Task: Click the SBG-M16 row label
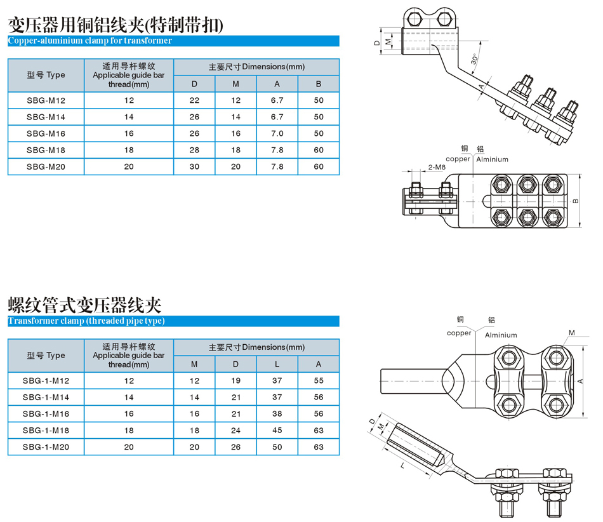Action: pyautogui.click(x=46, y=134)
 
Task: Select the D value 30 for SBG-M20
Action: pyautogui.click(x=194, y=167)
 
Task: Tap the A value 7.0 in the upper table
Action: pyautogui.click(x=277, y=134)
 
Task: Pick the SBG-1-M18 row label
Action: pyautogui.click(x=46, y=431)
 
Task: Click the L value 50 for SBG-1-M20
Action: pyautogui.click(x=277, y=447)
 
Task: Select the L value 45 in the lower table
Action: pyautogui.click(x=277, y=431)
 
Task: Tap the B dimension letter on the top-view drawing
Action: pyautogui.click(x=576, y=201)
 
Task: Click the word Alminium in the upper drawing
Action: pyautogui.click(x=493, y=159)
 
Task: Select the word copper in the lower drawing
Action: pyautogui.click(x=459, y=333)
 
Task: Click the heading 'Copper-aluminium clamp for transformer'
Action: pyautogui.click(x=89, y=41)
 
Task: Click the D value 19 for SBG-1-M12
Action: pyautogui.click(x=235, y=381)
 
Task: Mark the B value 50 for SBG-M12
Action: pyautogui.click(x=319, y=101)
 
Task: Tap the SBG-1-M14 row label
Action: pyautogui.click(x=46, y=398)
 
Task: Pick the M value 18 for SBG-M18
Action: pyautogui.click(x=235, y=151)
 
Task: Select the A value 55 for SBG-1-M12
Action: pyautogui.click(x=319, y=381)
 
